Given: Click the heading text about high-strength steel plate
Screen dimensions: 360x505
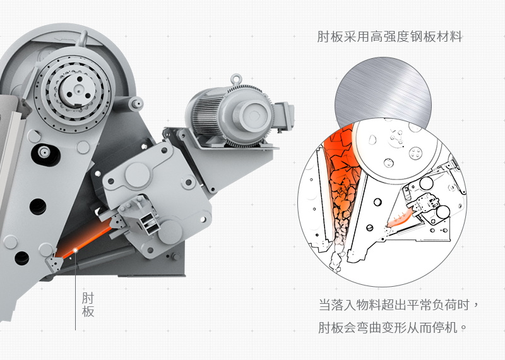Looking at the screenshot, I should coord(389,37).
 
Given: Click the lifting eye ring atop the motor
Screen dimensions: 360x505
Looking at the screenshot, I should coord(236,80).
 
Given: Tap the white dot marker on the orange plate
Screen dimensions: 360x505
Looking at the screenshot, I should coord(75,250).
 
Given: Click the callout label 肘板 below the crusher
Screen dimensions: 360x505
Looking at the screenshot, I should coord(88,304).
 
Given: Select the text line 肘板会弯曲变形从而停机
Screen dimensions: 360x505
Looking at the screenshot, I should coord(393,328).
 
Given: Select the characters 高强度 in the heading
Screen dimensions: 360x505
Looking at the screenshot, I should coord(390,37).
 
